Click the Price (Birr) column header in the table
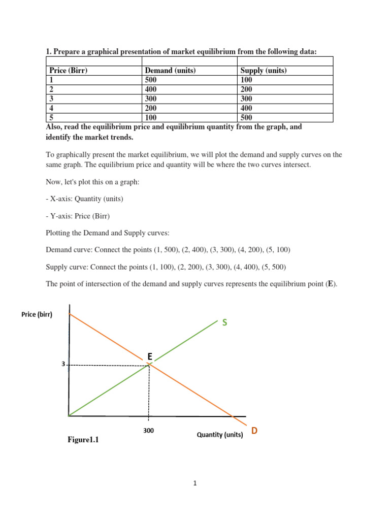[68, 71]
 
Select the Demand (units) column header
[170, 71]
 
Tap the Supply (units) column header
[263, 71]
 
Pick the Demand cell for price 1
[151, 80]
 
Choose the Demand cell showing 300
[151, 99]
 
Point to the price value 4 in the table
[51, 108]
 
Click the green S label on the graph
[224, 323]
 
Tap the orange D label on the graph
[254, 431]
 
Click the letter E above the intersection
[150, 357]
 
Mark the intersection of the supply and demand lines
[149, 365]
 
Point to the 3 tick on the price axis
[63, 364]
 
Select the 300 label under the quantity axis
[148, 431]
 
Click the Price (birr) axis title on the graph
[37, 314]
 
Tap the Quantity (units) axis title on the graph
[220, 435]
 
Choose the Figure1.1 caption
[83, 440]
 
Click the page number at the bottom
[194, 483]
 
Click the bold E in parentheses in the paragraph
[331, 284]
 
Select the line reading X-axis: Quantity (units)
[84, 199]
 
